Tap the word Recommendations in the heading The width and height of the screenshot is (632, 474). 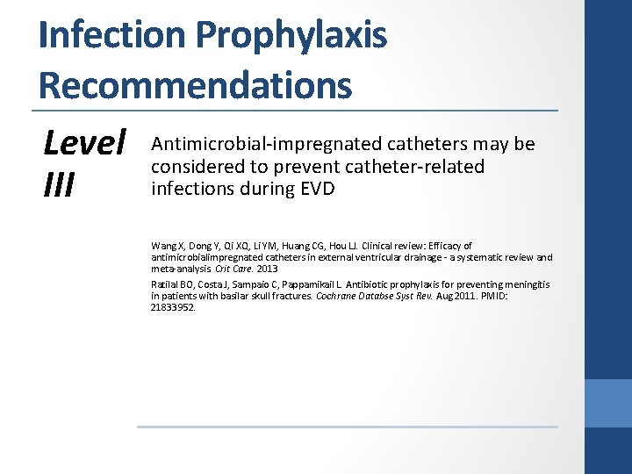pyautogui.click(x=195, y=85)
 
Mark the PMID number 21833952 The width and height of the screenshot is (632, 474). pyautogui.click(x=172, y=307)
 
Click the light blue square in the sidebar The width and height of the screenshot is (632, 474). pyautogui.click(x=608, y=404)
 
